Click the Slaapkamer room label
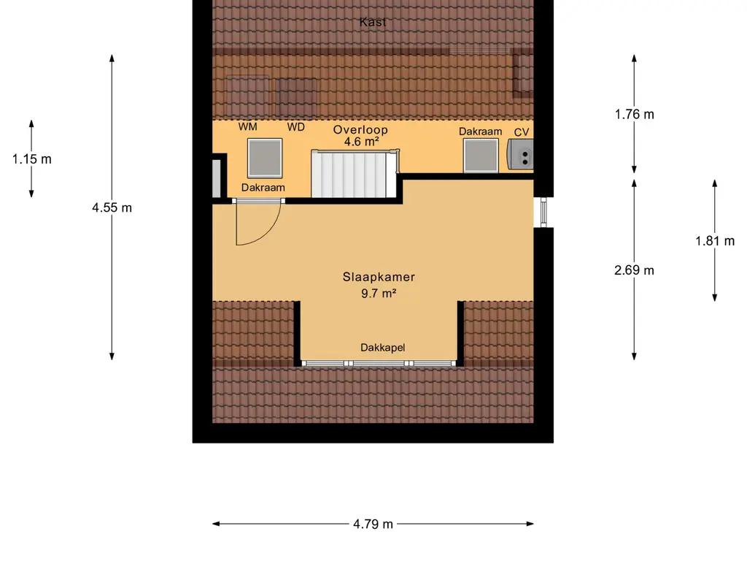pos(379,277)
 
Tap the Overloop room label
pos(360,130)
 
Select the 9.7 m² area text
pos(379,294)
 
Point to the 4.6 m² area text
pos(362,142)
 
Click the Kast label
pos(373,22)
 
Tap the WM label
pos(248,126)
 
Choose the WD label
pos(296,127)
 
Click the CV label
pos(522,132)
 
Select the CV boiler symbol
pos(520,154)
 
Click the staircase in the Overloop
pos(355,174)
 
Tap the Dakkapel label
pos(382,348)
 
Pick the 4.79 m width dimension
pos(373,524)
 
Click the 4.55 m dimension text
pos(112,207)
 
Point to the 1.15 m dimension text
pos(32,159)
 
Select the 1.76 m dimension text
pos(634,115)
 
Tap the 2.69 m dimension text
pos(634,270)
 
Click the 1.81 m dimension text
pos(715,241)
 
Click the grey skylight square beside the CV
pos(481,155)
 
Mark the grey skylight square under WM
pos(265,159)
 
